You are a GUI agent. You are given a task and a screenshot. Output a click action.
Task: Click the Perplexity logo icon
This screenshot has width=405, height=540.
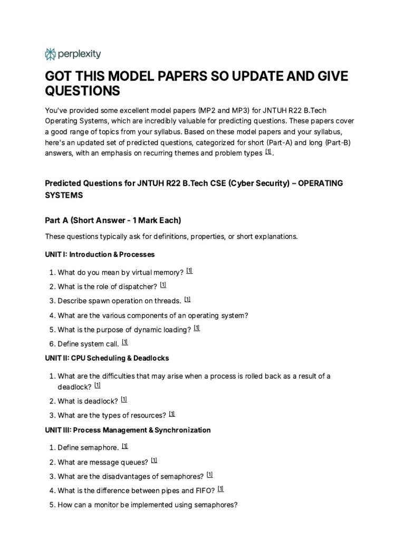point(51,54)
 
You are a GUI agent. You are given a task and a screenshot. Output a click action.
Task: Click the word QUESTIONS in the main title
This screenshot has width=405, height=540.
point(82,91)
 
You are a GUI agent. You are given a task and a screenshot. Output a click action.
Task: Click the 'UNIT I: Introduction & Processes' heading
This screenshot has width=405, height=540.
point(100,254)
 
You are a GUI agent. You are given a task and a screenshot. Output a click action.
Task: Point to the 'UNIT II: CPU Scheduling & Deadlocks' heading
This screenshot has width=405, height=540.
point(107,358)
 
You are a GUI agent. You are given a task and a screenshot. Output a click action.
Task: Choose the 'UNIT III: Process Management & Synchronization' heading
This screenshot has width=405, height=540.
point(128,430)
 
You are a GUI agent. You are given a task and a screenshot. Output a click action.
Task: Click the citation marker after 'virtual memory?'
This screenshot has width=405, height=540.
point(189,271)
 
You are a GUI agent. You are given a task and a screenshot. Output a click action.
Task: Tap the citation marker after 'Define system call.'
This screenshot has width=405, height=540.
point(124,342)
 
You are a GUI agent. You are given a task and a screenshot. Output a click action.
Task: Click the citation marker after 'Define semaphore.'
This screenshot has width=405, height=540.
point(124,446)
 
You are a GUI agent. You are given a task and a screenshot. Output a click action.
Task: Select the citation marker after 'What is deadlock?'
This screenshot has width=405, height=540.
point(123,399)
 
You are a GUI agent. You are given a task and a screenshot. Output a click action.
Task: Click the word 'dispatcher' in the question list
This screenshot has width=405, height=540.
point(139,286)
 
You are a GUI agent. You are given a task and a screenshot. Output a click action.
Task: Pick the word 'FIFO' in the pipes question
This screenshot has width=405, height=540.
point(203,490)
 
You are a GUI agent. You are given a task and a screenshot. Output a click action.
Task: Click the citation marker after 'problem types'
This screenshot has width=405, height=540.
point(268,152)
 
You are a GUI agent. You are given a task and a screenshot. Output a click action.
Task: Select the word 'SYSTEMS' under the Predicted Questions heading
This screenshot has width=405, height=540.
point(63,195)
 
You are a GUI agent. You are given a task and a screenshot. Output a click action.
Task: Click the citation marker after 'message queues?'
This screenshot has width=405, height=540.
point(154,460)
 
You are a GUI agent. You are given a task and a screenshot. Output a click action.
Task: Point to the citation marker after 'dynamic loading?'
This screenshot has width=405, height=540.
point(197,328)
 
